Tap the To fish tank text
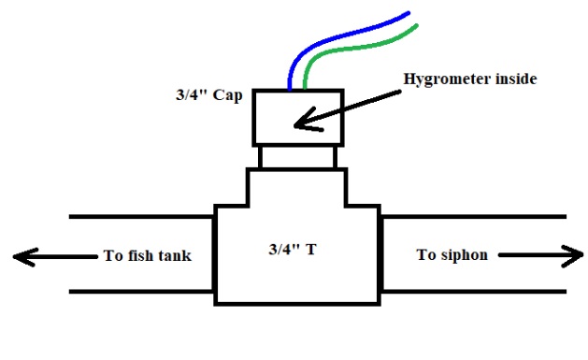click(145, 255)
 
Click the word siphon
click(463, 254)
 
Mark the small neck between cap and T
click(296, 157)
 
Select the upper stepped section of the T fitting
click(296, 186)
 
